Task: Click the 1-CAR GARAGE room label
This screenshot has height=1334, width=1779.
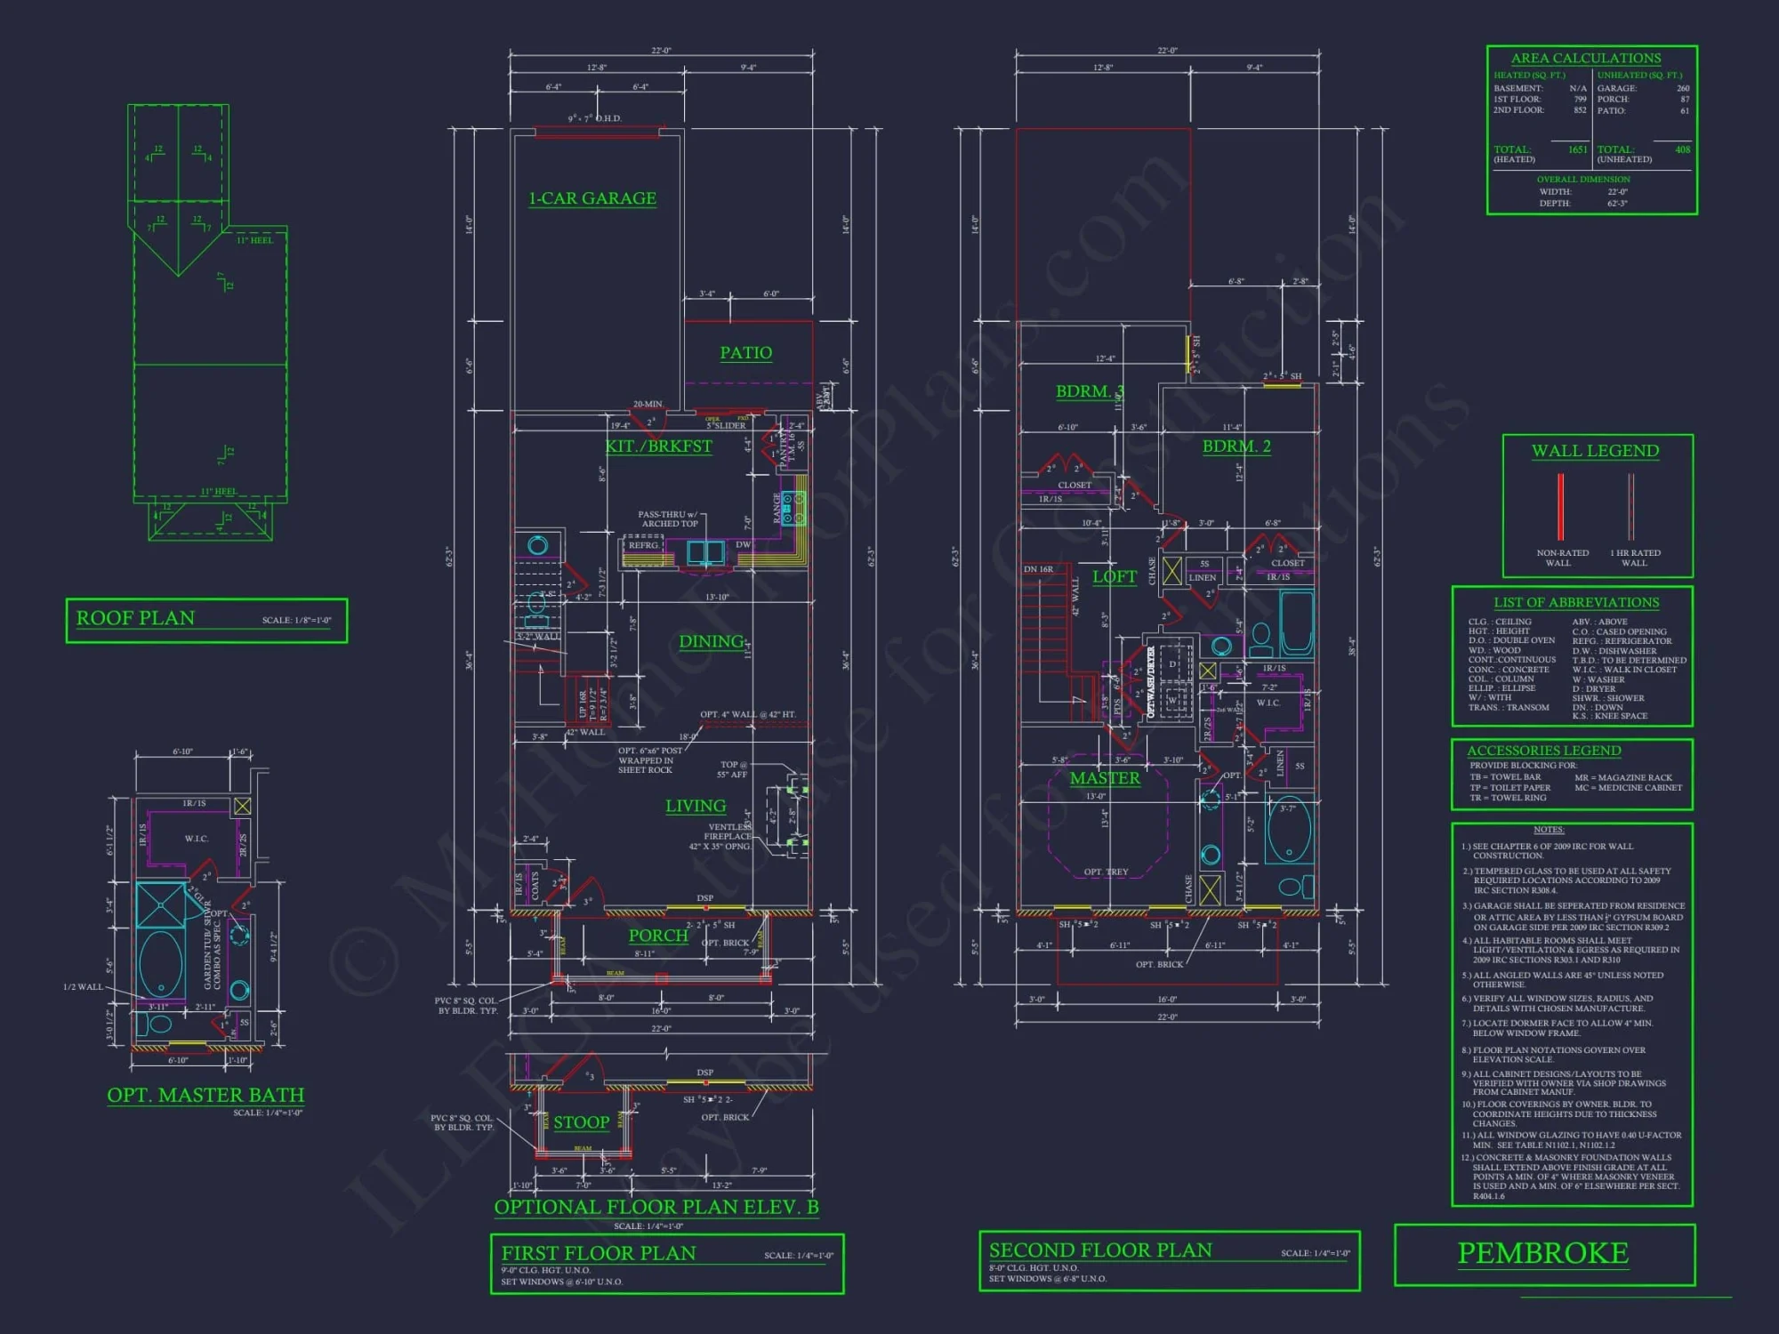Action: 592,198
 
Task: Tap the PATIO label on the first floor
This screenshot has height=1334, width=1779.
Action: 745,353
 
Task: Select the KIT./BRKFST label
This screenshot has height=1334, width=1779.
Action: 659,446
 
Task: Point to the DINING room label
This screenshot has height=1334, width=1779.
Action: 712,641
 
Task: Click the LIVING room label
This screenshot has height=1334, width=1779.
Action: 696,806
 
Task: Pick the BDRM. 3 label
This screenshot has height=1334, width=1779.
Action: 1090,391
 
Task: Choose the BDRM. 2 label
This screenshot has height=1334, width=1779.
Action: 1236,446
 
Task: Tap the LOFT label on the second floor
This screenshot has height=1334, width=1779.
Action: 1115,576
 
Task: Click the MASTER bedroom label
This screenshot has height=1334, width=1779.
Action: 1105,778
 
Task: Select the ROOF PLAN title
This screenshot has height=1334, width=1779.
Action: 135,618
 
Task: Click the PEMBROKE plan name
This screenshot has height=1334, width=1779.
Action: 1543,1253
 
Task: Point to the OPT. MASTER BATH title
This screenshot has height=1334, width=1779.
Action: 205,1095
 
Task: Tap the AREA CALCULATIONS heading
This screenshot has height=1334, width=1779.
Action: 1586,58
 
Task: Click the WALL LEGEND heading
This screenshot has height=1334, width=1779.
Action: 1595,451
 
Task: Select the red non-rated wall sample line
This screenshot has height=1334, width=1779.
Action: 1560,507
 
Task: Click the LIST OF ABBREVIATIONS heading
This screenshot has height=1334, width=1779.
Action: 1576,602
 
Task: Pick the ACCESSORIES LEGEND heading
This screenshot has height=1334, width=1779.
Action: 1544,751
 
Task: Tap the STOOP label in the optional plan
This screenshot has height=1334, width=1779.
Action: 582,1122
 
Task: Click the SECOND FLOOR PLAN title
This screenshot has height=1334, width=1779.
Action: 1100,1250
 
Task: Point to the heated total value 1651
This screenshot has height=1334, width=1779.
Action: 1577,149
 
